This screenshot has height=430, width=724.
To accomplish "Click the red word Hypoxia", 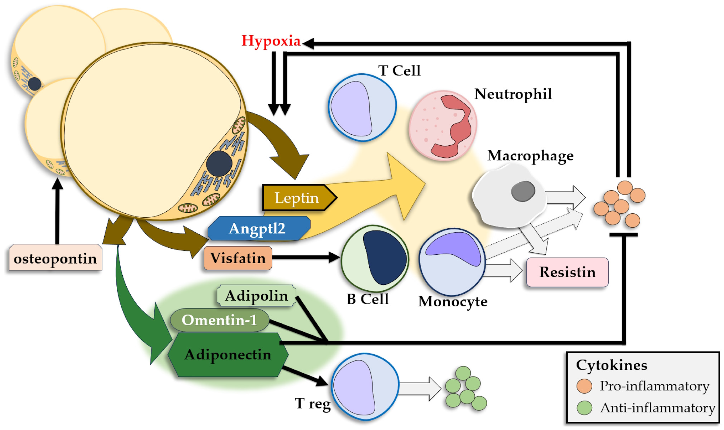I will (x=271, y=41).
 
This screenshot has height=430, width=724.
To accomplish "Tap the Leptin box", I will (x=297, y=198).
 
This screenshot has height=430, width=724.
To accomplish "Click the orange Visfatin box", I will (x=238, y=258).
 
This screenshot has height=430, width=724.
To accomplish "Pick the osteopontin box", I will (x=55, y=259).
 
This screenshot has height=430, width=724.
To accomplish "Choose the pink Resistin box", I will (x=567, y=272).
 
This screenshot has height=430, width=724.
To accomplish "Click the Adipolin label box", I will (x=256, y=296).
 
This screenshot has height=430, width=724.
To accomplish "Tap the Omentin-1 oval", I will (x=219, y=320).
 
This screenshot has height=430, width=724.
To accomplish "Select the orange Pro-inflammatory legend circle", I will (x=584, y=386).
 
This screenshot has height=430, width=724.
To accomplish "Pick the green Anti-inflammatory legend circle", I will (x=584, y=408).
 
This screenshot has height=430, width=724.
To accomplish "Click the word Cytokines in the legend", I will (x=611, y=365).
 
